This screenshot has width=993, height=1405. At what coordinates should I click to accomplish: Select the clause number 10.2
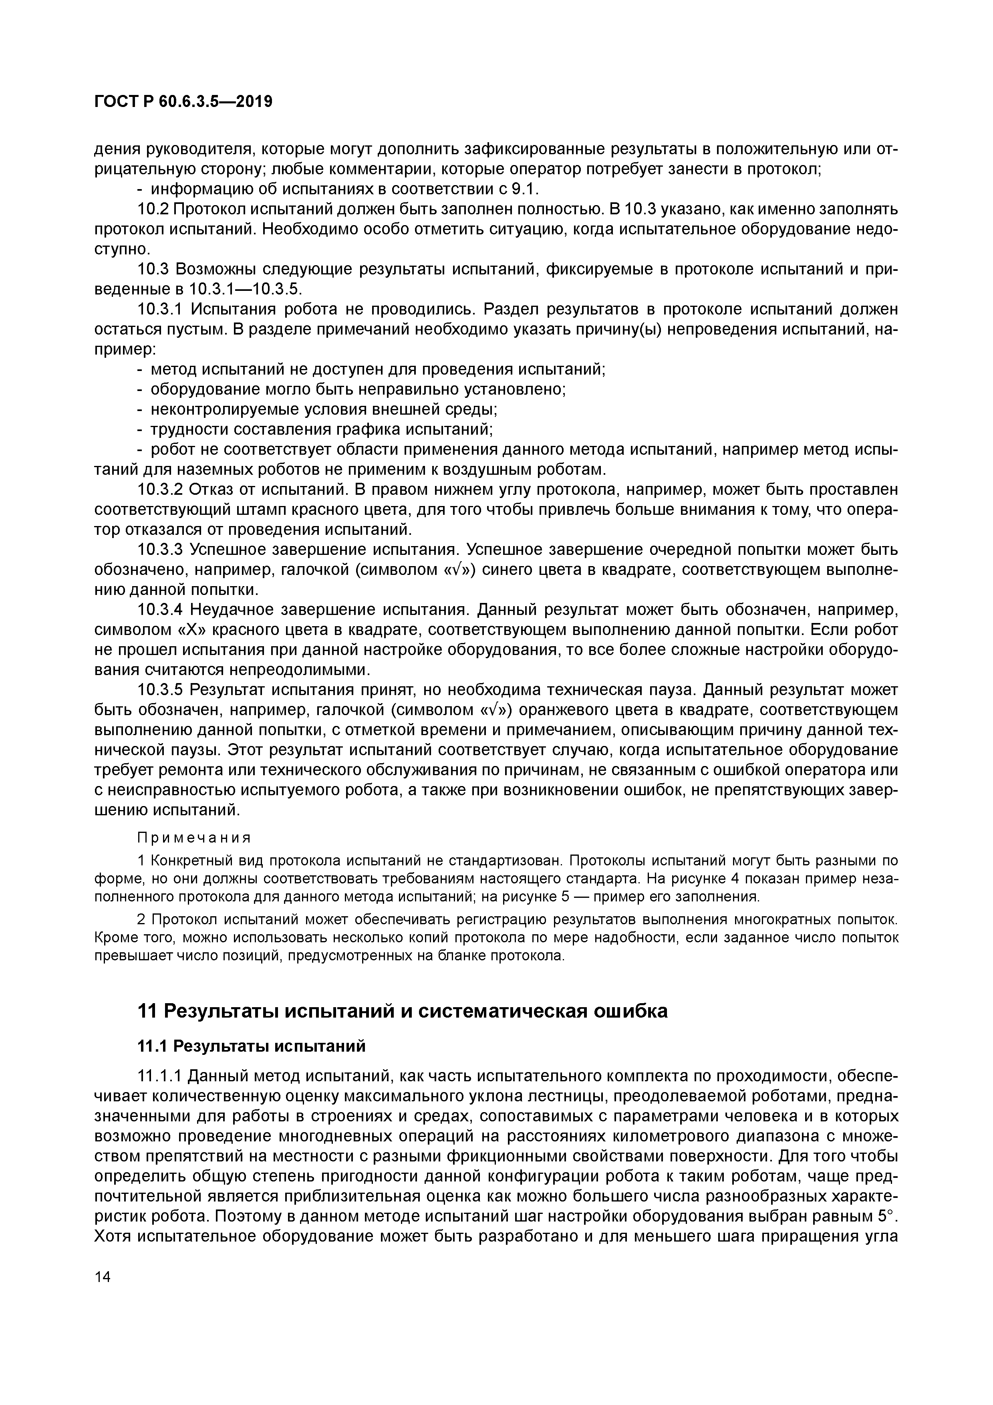(153, 209)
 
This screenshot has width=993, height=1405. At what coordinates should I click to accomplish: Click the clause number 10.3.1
(160, 310)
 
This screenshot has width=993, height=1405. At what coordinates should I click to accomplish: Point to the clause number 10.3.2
(160, 490)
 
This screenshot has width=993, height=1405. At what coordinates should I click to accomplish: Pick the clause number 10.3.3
(160, 550)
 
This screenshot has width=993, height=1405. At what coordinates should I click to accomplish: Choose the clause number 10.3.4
(160, 609)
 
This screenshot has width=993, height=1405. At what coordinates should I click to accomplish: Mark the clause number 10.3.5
(160, 689)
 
